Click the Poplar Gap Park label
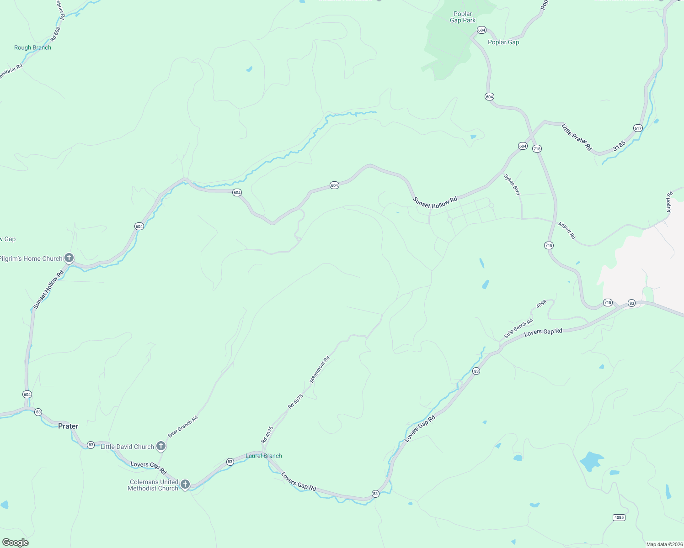(463, 17)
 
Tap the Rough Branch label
(32, 47)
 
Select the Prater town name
(68, 426)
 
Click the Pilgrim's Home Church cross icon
(69, 258)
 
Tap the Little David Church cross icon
(160, 446)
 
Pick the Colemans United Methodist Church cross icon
(185, 484)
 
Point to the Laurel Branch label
(264, 456)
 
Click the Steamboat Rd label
(320, 369)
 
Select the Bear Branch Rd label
(183, 426)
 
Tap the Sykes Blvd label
(512, 184)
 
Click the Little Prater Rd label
(577, 137)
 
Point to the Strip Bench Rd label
(518, 328)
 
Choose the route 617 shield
(638, 128)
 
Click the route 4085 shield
(619, 517)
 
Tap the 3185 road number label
(619, 146)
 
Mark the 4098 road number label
(541, 304)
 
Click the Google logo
(16, 543)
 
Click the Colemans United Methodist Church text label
(153, 485)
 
